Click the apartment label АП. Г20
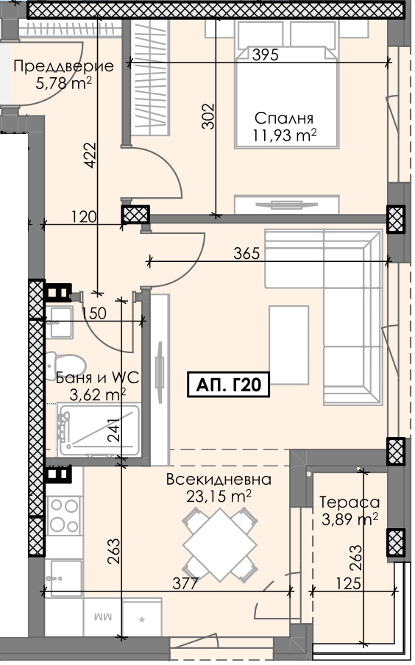pyautogui.click(x=229, y=384)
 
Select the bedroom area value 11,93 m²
pyautogui.click(x=285, y=135)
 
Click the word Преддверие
pyautogui.click(x=64, y=66)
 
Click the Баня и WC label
pyautogui.click(x=97, y=378)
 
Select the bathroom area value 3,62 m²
pyautogui.click(x=97, y=395)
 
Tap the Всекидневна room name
pyautogui.click(x=219, y=480)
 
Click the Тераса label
pyautogui.click(x=350, y=502)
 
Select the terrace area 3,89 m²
pyautogui.click(x=350, y=519)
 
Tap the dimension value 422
pyautogui.click(x=91, y=155)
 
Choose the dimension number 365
pyautogui.click(x=246, y=255)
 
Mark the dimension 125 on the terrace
pyautogui.click(x=352, y=584)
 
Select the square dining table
pyautogui.click(x=219, y=544)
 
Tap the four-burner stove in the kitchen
pyautogui.click(x=64, y=513)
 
